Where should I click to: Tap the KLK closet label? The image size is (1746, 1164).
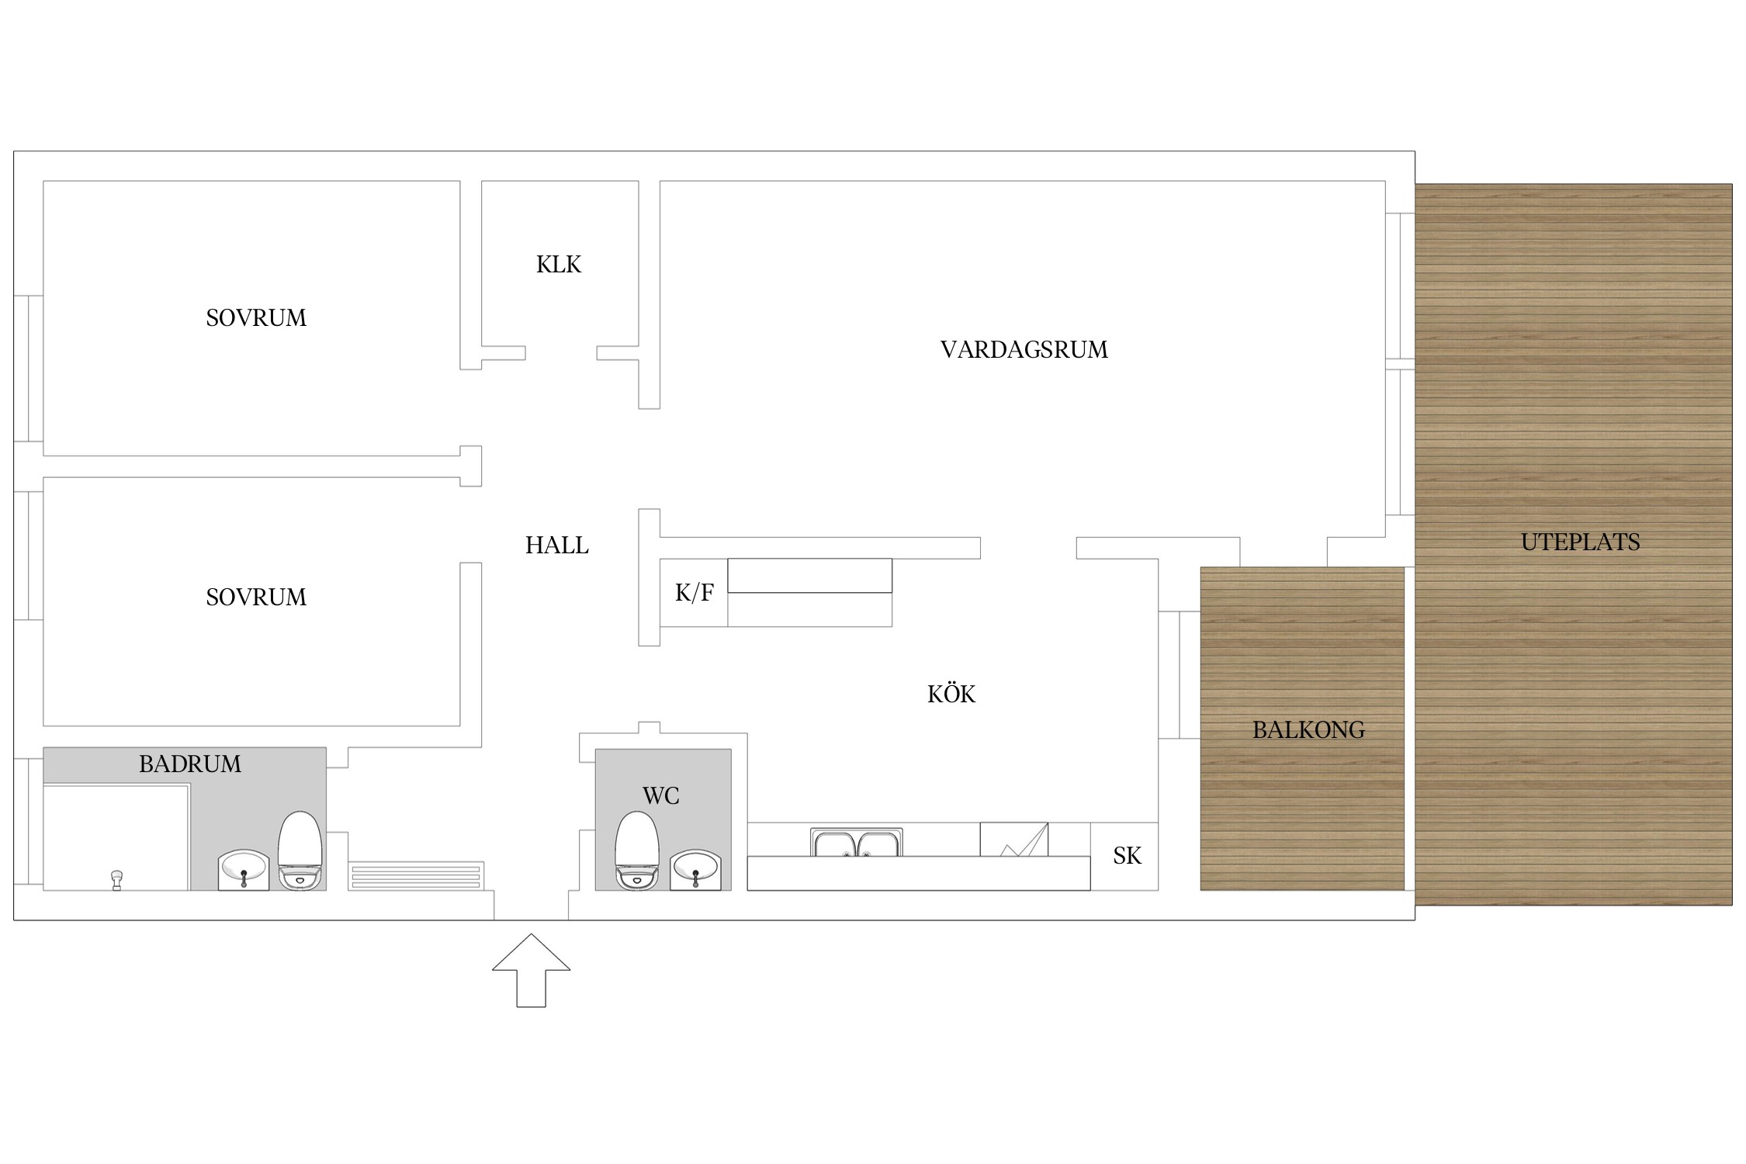point(559,265)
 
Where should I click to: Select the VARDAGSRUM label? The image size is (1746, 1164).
point(1024,350)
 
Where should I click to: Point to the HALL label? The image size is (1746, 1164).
point(556,546)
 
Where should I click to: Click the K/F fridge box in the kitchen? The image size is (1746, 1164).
point(694,592)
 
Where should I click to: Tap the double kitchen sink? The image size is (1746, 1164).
point(857,842)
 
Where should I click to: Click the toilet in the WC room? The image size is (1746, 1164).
point(637,850)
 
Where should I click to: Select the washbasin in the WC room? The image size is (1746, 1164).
point(695,869)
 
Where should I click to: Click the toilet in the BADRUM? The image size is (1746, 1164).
point(300,850)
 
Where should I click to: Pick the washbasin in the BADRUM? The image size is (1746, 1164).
point(244,869)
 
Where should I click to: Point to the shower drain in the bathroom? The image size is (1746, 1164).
point(117,880)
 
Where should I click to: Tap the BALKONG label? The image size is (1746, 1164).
point(1308,730)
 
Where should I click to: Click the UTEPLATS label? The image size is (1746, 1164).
point(1580,542)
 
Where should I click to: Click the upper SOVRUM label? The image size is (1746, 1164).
point(256,318)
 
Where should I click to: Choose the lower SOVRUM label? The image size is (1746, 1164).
point(256,598)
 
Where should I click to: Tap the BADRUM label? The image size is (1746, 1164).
point(190,764)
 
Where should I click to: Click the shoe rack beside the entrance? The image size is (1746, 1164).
point(416,876)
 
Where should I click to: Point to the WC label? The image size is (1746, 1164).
point(661,796)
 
